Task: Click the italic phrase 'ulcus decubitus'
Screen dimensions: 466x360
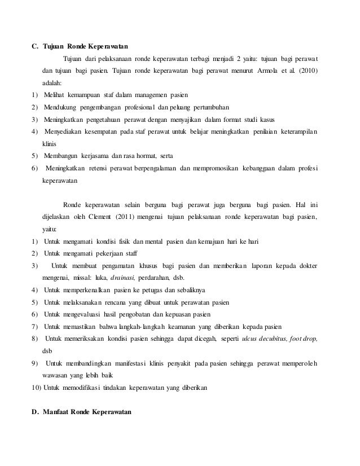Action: [x=264, y=338]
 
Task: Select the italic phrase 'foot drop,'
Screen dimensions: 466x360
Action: [x=304, y=338]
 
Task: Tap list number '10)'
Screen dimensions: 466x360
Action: [x=36, y=389]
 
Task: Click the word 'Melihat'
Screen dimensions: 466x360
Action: [x=54, y=93]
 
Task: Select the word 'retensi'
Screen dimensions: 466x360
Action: [x=103, y=169]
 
